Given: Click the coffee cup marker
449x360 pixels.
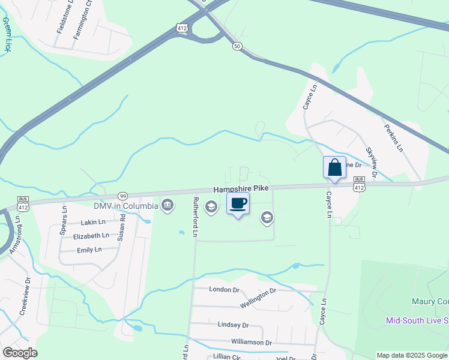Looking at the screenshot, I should click(x=238, y=203).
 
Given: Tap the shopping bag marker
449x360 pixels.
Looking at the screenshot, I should click(x=335, y=167).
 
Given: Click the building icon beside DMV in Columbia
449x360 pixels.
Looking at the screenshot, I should click(x=168, y=206).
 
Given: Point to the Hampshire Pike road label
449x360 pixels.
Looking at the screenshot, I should click(x=241, y=188).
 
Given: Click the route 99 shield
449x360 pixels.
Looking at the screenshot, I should click(x=122, y=196).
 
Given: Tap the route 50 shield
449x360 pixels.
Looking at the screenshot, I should click(x=237, y=46).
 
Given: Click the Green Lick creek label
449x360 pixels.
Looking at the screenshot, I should click(x=7, y=34).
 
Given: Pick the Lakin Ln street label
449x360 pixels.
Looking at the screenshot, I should click(x=92, y=223).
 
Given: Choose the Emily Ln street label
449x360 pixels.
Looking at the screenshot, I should click(x=89, y=250).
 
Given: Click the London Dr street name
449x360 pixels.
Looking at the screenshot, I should click(x=224, y=289).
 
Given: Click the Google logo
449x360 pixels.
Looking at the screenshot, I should click(x=20, y=353).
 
